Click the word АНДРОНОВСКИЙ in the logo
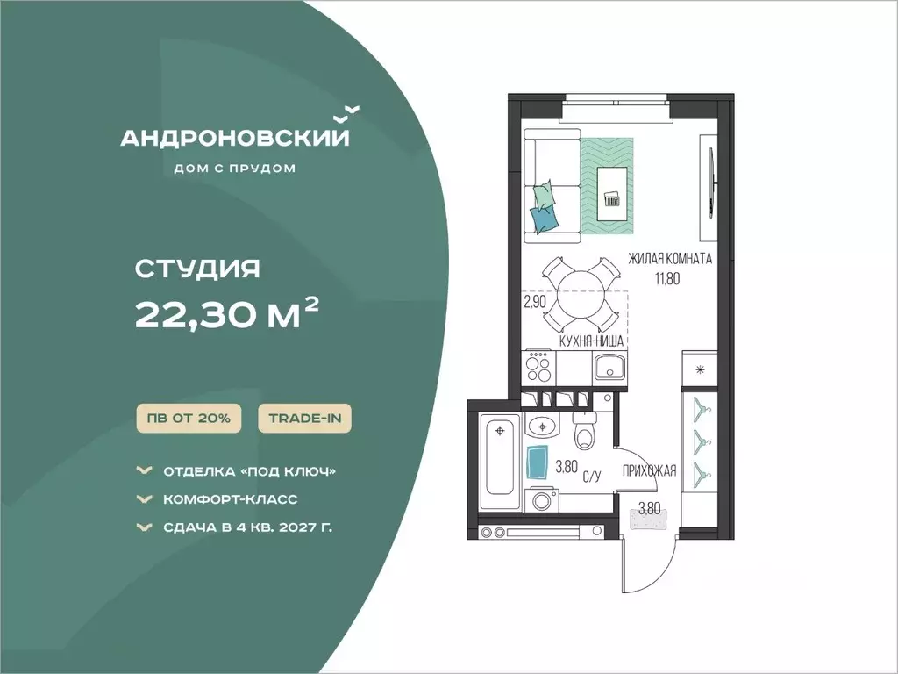[x=235, y=138]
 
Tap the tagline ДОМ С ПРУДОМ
[x=235, y=168]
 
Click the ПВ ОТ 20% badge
[x=189, y=419]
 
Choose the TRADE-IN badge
[x=304, y=419]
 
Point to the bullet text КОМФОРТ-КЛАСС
[x=231, y=499]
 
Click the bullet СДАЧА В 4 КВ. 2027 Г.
[x=247, y=527]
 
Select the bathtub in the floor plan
[x=499, y=461]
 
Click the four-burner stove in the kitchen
[x=539, y=367]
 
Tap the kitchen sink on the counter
[x=609, y=366]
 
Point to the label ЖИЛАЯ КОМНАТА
[x=670, y=259]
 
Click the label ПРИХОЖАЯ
[x=650, y=471]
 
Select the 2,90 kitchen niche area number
[x=535, y=302]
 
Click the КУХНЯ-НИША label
[x=591, y=341]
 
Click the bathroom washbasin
[x=540, y=426]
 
